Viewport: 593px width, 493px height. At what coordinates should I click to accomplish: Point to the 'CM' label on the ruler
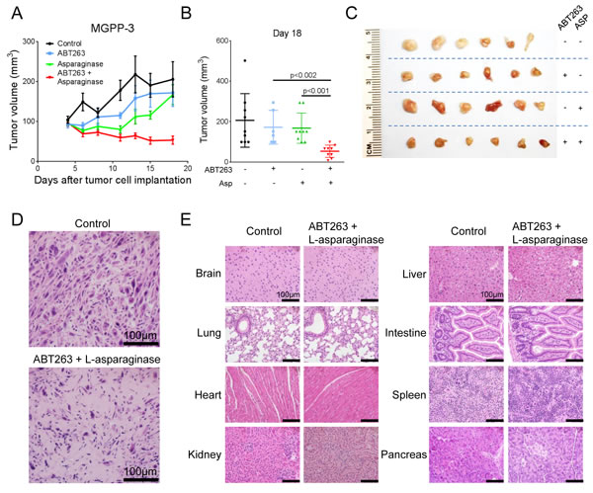[371, 148]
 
